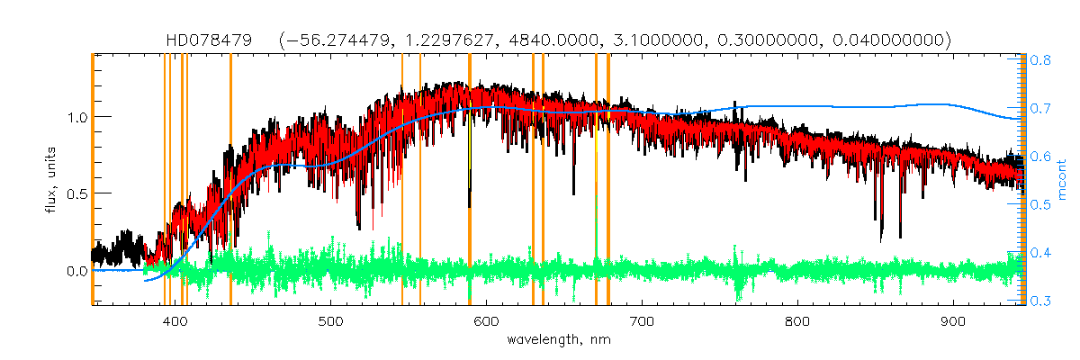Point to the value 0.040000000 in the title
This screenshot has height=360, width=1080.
[x=890, y=40]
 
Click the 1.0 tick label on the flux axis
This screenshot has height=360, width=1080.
[x=76, y=117]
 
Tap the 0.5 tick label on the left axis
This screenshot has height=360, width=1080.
[x=76, y=193]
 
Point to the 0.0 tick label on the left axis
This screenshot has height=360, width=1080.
[x=76, y=271]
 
